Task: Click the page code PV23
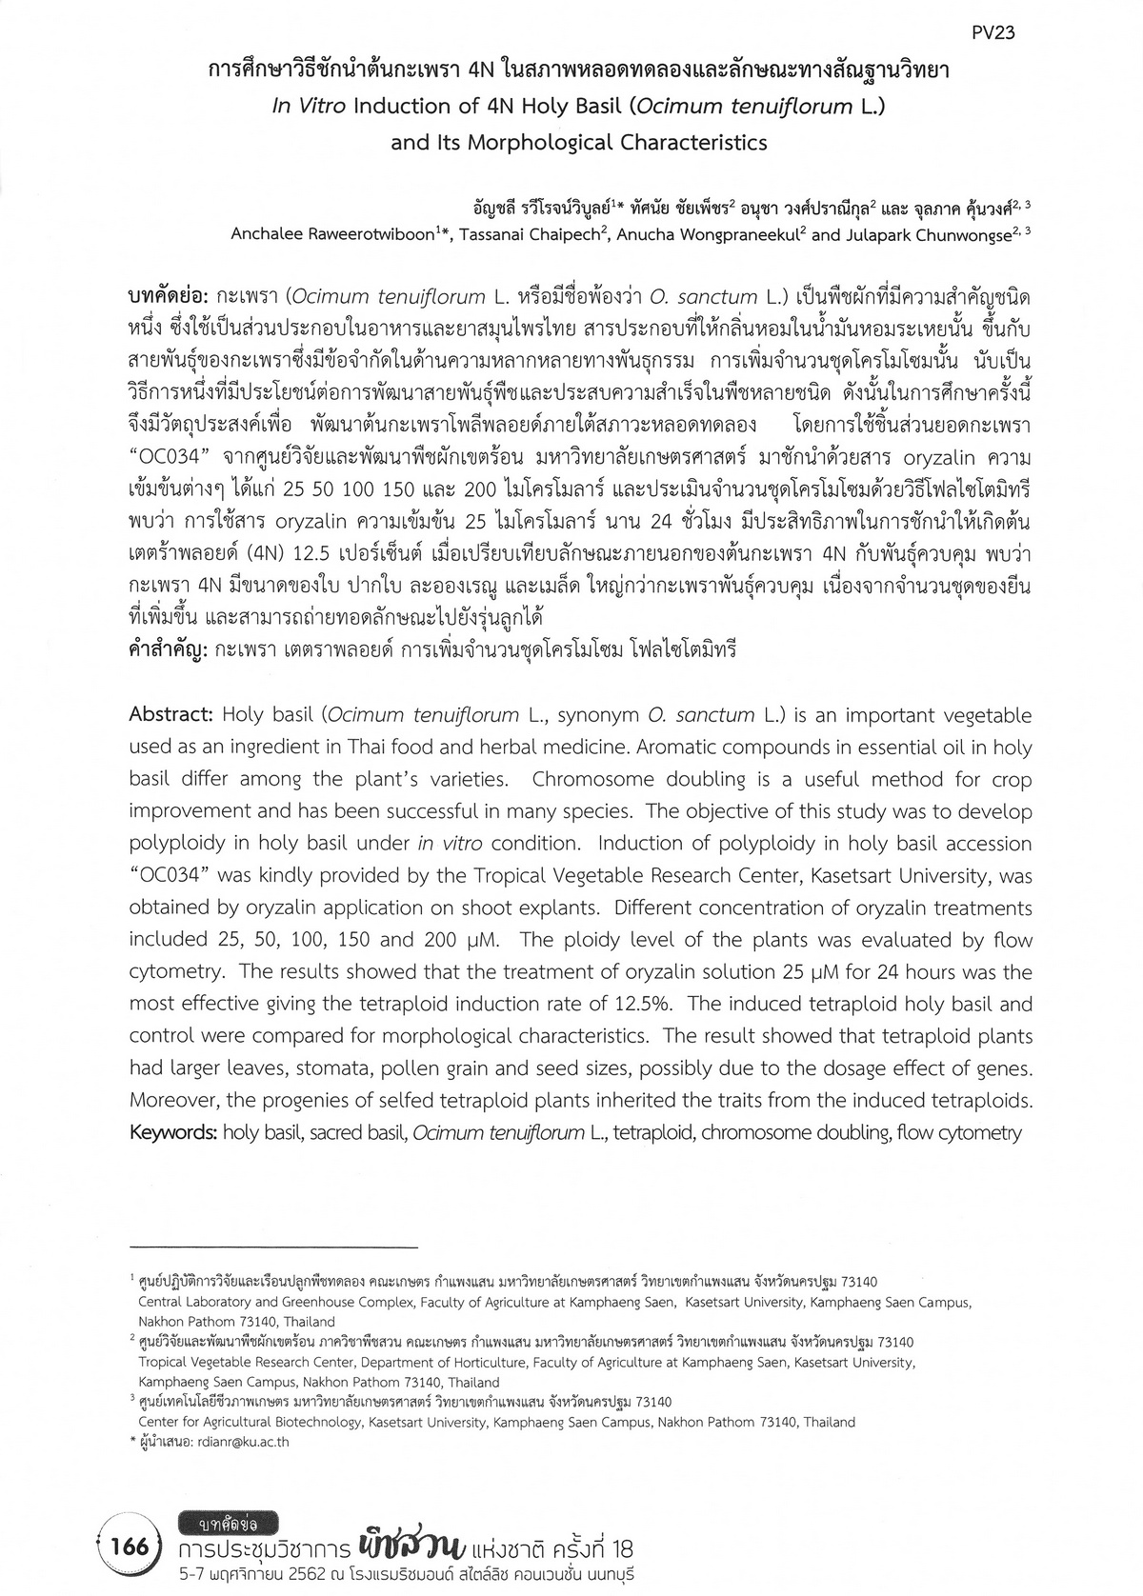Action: (993, 32)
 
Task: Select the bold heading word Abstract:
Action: (170, 715)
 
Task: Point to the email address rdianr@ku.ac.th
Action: (230, 1442)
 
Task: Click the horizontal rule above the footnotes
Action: (273, 1247)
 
